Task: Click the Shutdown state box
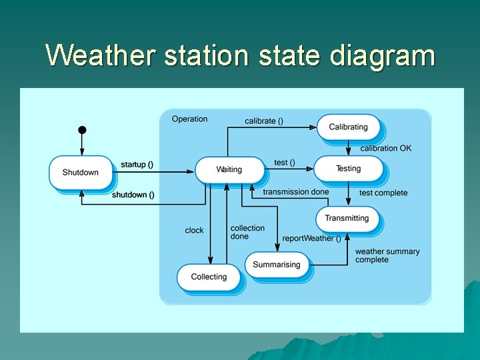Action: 80,173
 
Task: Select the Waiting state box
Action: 229,170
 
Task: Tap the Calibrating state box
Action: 348,127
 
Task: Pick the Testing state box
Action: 348,169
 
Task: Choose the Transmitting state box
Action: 347,219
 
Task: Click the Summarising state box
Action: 277,265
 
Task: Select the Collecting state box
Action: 209,277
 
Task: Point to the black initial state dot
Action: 82,129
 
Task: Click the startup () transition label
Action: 137,165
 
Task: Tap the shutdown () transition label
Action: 133,195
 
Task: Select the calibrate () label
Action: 264,121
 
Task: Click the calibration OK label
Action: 386,148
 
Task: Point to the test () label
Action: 285,163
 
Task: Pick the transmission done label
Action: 295,192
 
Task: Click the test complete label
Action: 383,193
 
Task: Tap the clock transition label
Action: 194,231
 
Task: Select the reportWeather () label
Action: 311,238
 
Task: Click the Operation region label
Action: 189,119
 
